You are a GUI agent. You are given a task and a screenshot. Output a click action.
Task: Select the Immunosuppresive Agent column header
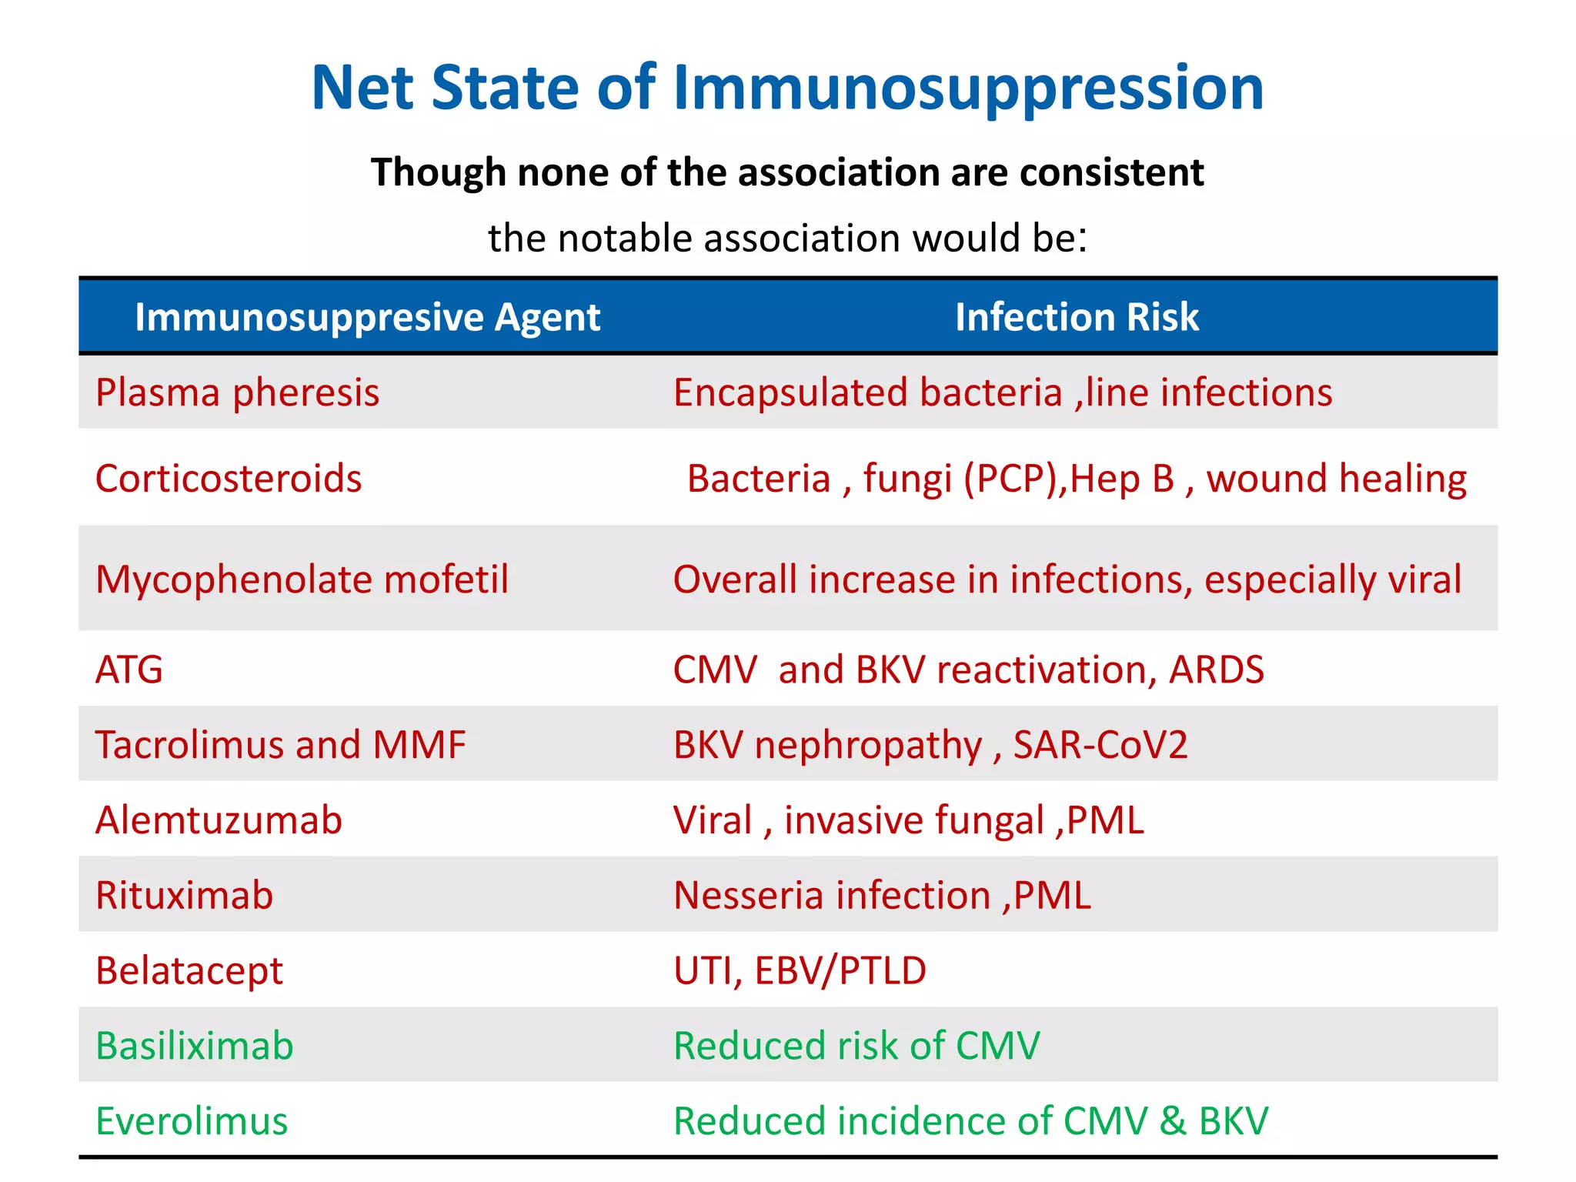(367, 317)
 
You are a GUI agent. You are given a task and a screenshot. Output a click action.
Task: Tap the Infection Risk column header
(1077, 317)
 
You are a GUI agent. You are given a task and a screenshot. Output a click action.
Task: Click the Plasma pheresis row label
(237, 392)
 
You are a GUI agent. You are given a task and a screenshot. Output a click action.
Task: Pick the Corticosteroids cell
(229, 479)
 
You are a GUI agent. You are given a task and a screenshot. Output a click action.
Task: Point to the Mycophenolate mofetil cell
(302, 579)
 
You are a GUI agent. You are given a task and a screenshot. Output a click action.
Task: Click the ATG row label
(129, 669)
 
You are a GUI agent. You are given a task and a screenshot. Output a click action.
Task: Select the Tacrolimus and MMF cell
(280, 745)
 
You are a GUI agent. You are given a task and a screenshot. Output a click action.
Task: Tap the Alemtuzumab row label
(219, 820)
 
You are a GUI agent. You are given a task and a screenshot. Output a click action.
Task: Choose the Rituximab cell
(184, 896)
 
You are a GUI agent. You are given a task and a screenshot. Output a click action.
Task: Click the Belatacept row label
(189, 971)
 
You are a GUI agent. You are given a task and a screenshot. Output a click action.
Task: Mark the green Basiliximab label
(195, 1047)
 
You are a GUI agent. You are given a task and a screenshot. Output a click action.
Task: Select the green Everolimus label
(192, 1121)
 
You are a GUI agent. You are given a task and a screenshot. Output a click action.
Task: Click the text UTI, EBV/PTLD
(800, 971)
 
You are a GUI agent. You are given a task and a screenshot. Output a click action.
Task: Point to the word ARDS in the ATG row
(1216, 669)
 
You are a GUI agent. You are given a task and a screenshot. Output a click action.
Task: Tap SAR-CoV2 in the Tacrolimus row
(1100, 745)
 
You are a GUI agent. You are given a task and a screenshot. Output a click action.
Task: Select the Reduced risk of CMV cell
(856, 1047)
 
